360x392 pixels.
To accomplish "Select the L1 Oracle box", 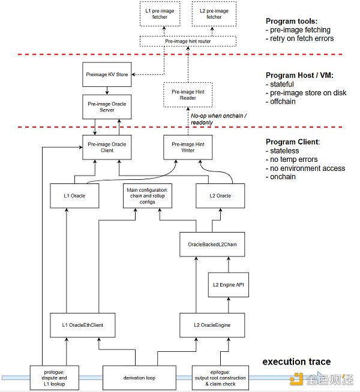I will [74, 196].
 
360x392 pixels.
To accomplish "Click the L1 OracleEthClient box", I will [82, 324].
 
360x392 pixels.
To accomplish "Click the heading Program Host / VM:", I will [298, 76].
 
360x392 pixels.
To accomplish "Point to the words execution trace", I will [297, 361].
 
